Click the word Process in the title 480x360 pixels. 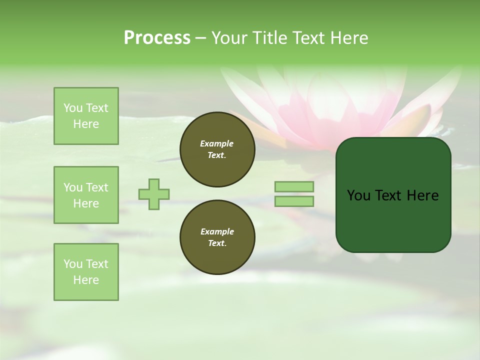[157, 38]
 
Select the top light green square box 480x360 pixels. [86, 116]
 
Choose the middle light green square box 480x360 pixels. [86, 195]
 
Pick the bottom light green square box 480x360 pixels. [86, 272]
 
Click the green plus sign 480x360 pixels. [154, 194]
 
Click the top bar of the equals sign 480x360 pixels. [294, 186]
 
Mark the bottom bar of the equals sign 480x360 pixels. [294, 201]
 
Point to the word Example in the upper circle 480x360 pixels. [217, 143]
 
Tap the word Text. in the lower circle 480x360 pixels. [217, 243]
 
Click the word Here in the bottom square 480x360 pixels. [86, 280]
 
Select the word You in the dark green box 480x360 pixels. [358, 195]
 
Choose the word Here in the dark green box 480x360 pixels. [422, 195]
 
